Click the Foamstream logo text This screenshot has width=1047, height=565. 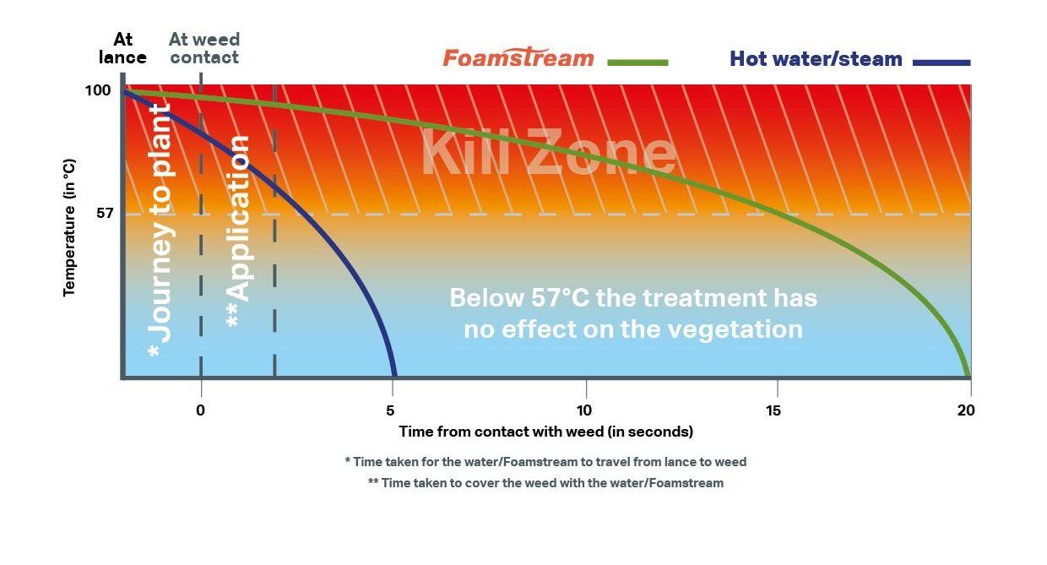pos(518,57)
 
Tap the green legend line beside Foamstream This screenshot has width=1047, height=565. pos(637,62)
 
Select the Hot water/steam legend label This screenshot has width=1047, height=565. pos(816,59)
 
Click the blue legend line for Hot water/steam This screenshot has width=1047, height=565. pos(941,62)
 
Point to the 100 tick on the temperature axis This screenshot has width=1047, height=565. pos(98,90)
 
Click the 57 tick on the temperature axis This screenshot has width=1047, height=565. pos(104,214)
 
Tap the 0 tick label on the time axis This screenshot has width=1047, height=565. pos(200,410)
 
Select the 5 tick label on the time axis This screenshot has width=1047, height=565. pos(390,410)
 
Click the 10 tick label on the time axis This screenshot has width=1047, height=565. pos(583,410)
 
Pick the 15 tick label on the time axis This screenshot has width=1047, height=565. pos(773,410)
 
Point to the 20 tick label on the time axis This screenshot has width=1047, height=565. pos(966,410)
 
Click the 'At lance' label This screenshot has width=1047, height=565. pos(122,48)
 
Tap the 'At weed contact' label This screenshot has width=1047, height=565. pos(204,48)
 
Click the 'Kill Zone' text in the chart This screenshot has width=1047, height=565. pos(549,151)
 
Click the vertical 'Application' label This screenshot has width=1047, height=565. pos(239,231)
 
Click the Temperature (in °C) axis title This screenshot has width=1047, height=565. pos(68,227)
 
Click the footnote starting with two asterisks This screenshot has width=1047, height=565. pos(546,483)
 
